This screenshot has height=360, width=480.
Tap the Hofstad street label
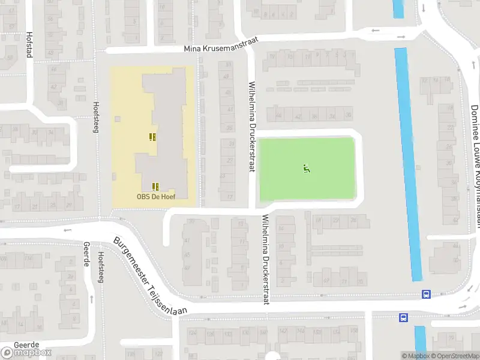(28, 45)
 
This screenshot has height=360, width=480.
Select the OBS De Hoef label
(155, 197)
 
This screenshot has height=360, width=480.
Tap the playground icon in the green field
(307, 169)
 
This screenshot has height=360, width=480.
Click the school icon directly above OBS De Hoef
(155, 186)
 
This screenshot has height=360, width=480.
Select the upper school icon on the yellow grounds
(152, 137)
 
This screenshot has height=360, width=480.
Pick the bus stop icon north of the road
(426, 295)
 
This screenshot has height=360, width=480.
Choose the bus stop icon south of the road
(404, 317)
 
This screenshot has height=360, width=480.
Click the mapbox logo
(26, 353)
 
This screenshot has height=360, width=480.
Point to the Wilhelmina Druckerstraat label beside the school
(252, 127)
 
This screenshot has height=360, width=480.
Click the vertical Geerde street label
(86, 255)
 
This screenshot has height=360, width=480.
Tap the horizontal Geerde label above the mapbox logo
(25, 345)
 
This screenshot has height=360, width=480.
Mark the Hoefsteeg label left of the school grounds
(96, 117)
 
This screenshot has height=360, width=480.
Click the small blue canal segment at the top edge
(398, 8)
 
